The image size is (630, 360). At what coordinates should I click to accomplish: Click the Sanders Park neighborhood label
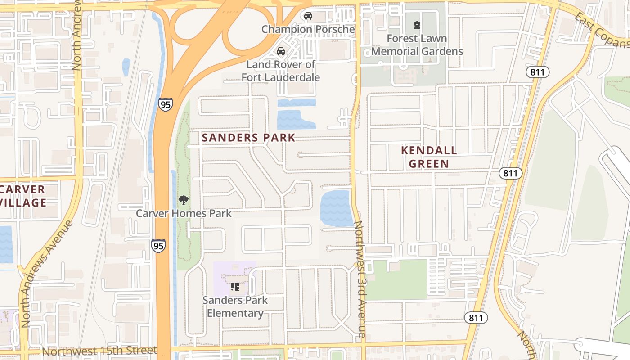coord(248,138)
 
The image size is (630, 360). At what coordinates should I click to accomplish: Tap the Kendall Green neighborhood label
coord(429,157)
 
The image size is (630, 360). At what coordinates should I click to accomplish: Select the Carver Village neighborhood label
coord(22,196)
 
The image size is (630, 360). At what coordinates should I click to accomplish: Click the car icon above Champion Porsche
coord(308,16)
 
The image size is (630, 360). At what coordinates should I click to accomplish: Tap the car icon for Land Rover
coord(281,51)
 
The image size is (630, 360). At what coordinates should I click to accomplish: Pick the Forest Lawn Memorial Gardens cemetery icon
coord(417,25)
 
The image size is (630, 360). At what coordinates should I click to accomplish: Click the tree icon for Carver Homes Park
coord(183,200)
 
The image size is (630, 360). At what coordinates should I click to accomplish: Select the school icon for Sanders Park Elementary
coord(234,286)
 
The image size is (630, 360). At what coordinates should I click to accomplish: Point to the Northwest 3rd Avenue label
coord(361,279)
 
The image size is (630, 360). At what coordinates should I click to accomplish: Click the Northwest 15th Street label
coord(99,351)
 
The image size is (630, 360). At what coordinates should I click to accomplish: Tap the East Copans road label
coord(602,31)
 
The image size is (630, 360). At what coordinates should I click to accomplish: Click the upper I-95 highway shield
coord(165,104)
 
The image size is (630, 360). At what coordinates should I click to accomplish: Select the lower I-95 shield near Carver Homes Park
coord(158,245)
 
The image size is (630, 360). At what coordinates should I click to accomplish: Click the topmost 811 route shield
coord(539,72)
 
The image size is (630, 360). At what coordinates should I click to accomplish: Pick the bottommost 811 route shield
coord(476,318)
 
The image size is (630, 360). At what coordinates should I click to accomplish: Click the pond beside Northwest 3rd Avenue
coord(336,208)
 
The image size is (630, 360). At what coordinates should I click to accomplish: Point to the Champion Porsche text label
coord(308,30)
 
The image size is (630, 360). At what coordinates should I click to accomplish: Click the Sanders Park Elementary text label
coord(235,306)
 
